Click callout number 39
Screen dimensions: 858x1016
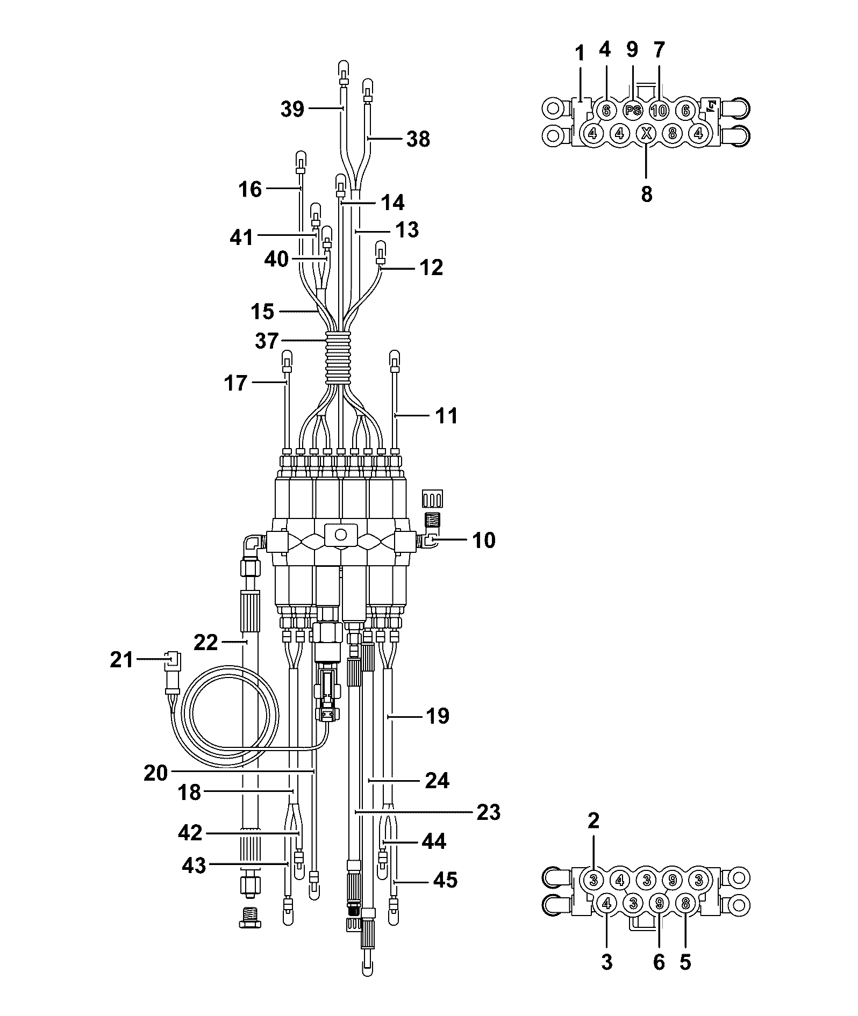(292, 109)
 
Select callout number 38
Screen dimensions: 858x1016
(418, 139)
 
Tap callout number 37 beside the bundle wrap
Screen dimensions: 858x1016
(267, 341)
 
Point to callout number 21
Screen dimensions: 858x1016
(121, 659)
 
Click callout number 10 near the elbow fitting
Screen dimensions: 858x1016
(484, 540)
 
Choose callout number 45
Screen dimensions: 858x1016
(445, 880)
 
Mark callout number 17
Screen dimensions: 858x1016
(235, 383)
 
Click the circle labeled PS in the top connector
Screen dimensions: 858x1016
(633, 111)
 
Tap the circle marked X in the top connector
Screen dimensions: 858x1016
(646, 133)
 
